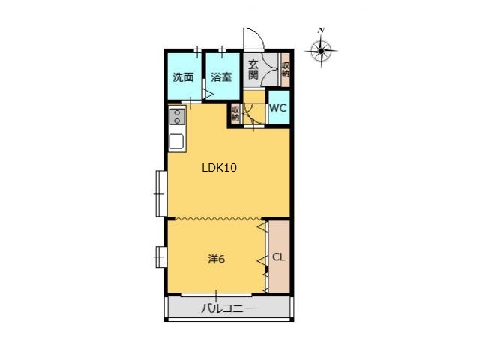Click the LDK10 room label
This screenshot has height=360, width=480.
219,168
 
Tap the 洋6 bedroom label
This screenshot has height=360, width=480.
217,259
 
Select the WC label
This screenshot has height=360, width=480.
278,108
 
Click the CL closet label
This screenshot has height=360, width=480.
278,256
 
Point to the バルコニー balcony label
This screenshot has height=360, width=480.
227,308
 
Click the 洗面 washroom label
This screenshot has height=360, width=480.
183,76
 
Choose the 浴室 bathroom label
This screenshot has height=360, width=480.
221,76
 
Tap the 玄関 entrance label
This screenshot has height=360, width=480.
253,70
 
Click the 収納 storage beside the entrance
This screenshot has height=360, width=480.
286,70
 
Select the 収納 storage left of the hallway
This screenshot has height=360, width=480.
235,112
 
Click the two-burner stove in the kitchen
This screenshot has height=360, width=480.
177,117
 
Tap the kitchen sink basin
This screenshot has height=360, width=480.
177,142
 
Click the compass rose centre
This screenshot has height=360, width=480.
321,51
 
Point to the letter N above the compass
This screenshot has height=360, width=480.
321,30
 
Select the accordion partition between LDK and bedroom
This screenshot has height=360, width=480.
218,218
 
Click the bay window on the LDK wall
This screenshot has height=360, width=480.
161,193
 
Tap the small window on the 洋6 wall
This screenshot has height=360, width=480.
161,256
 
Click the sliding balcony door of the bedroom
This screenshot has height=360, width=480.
216,295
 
